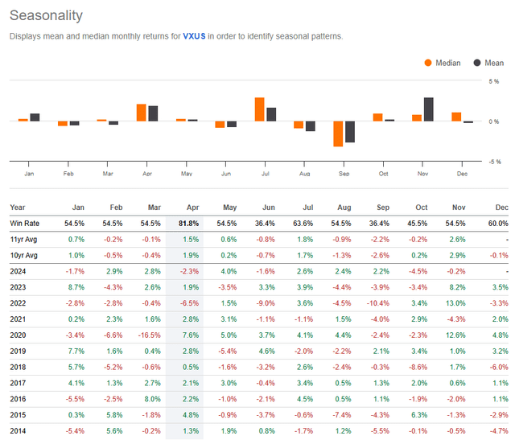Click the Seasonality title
[x=44, y=15]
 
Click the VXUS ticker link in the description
[x=195, y=36]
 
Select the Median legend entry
[x=443, y=63]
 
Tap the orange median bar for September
[x=338, y=134]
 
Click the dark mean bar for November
[x=428, y=109]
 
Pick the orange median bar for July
[x=259, y=109]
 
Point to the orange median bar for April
[x=141, y=113]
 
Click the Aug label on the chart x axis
[x=304, y=173]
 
